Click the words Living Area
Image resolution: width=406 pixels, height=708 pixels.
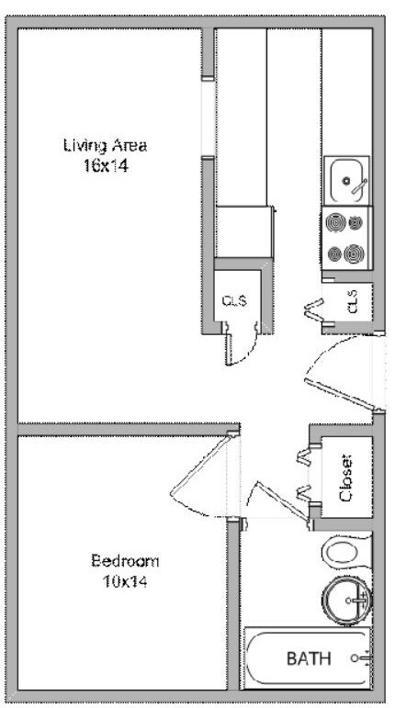pyautogui.click(x=106, y=146)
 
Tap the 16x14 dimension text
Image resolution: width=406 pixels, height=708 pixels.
pyautogui.click(x=106, y=166)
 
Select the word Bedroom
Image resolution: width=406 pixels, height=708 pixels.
pyautogui.click(x=125, y=561)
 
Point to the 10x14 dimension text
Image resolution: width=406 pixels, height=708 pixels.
pyautogui.click(x=125, y=581)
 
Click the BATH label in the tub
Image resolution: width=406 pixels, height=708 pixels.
pyautogui.click(x=309, y=658)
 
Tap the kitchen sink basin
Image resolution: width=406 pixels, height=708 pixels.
pyautogui.click(x=346, y=181)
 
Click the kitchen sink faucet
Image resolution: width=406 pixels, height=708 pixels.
pyautogui.click(x=359, y=186)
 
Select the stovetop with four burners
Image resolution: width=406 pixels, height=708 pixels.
pyautogui.click(x=347, y=239)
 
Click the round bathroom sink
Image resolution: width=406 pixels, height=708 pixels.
pyautogui.click(x=347, y=601)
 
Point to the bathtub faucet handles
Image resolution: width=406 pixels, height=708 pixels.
pyautogui.click(x=362, y=658)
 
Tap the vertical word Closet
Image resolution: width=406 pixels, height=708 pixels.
pyautogui.click(x=346, y=478)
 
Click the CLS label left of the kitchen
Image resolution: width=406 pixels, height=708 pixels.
pyautogui.click(x=235, y=300)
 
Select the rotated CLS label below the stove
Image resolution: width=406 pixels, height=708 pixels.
pyautogui.click(x=353, y=301)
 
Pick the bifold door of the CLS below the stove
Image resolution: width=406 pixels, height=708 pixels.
pyautogui.click(x=315, y=310)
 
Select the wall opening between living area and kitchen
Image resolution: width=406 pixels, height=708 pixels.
pyautogui.click(x=209, y=118)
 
